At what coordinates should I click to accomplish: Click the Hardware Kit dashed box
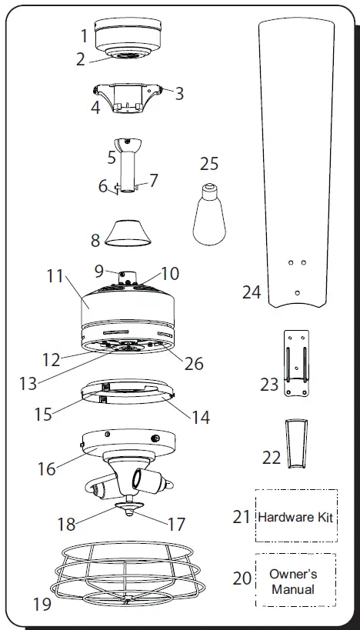tap(295, 516)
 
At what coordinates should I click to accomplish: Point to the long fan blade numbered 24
tap(296, 154)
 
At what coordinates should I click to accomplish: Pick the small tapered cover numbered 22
tap(294, 444)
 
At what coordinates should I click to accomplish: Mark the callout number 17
tap(176, 524)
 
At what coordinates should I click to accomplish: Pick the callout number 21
tap(242, 517)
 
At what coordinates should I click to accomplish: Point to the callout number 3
tap(178, 94)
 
